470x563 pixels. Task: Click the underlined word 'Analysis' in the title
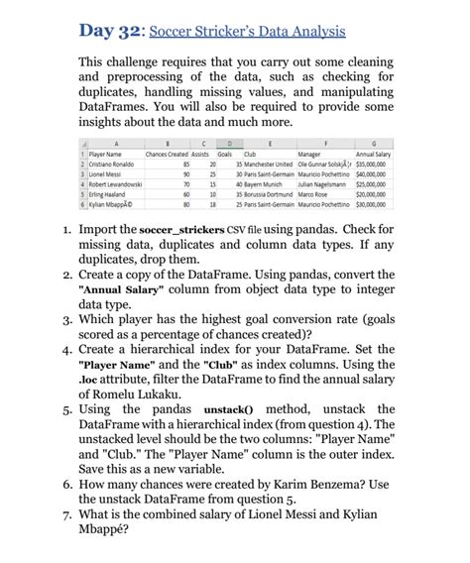pyautogui.click(x=315, y=31)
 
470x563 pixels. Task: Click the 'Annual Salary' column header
pyautogui.click(x=378, y=154)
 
